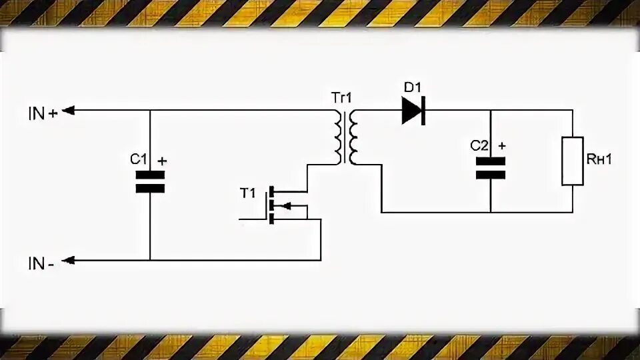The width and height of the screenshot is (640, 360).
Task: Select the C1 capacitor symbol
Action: [150, 181]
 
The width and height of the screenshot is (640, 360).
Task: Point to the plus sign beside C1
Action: [162, 160]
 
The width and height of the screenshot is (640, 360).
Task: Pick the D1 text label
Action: [413, 87]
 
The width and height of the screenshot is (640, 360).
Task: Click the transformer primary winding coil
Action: [338, 137]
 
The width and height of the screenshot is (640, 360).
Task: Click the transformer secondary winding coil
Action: [353, 137]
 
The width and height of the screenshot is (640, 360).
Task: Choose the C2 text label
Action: [480, 145]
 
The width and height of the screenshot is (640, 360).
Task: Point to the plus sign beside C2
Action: [502, 145]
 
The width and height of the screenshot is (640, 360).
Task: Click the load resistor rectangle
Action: [573, 160]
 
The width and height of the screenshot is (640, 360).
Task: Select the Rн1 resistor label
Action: [599, 159]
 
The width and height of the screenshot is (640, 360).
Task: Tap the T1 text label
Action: [247, 193]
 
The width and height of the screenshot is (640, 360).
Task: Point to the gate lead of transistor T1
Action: [253, 218]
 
